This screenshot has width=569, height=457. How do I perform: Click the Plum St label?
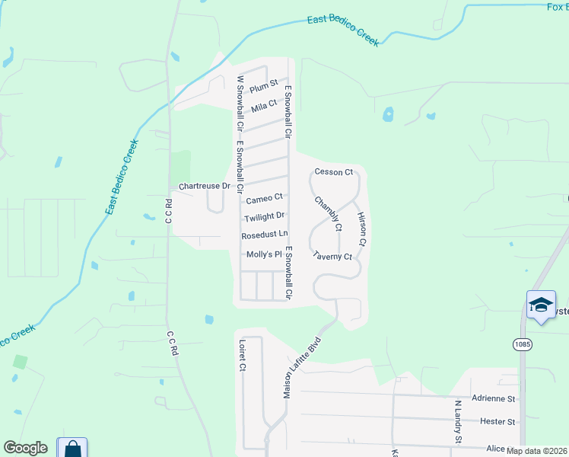pos(264,88)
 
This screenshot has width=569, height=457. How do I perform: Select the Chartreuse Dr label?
pos(204,186)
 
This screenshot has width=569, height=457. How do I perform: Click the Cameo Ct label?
pos(264,200)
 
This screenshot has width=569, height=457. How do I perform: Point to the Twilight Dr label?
pos(263,216)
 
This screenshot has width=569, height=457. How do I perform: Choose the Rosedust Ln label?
pos(265,235)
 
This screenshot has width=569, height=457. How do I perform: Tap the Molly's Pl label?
pos(264,254)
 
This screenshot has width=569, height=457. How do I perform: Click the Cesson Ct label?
pos(333,172)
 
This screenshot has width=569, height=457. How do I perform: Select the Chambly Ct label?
pos(329,214)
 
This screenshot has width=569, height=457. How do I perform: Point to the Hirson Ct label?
pos(362,228)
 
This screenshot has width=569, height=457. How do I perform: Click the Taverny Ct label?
pos(332,257)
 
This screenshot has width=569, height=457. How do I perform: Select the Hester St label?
pos(498,420)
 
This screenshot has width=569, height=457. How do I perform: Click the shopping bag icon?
pos(72,449)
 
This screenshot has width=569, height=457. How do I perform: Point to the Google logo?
pos(25,448)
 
